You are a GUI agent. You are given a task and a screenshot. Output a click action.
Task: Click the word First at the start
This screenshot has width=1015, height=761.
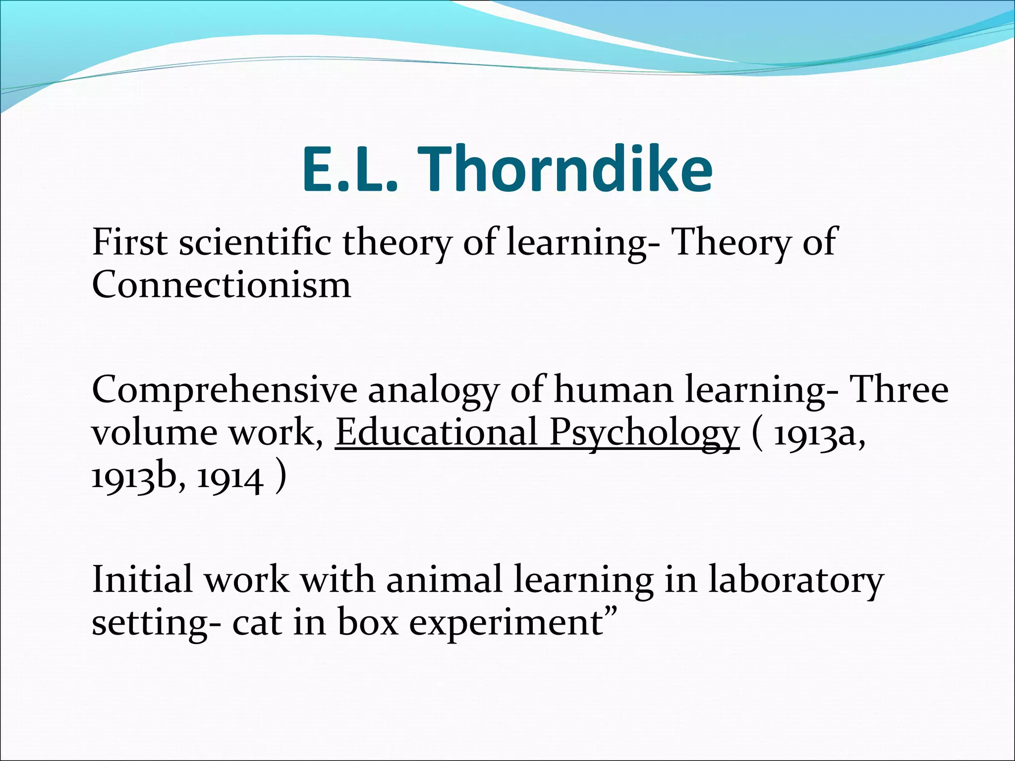(x=130, y=242)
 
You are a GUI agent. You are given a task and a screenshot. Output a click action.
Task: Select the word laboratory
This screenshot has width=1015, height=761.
(x=795, y=581)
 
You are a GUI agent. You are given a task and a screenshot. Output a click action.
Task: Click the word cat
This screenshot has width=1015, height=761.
(x=257, y=622)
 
